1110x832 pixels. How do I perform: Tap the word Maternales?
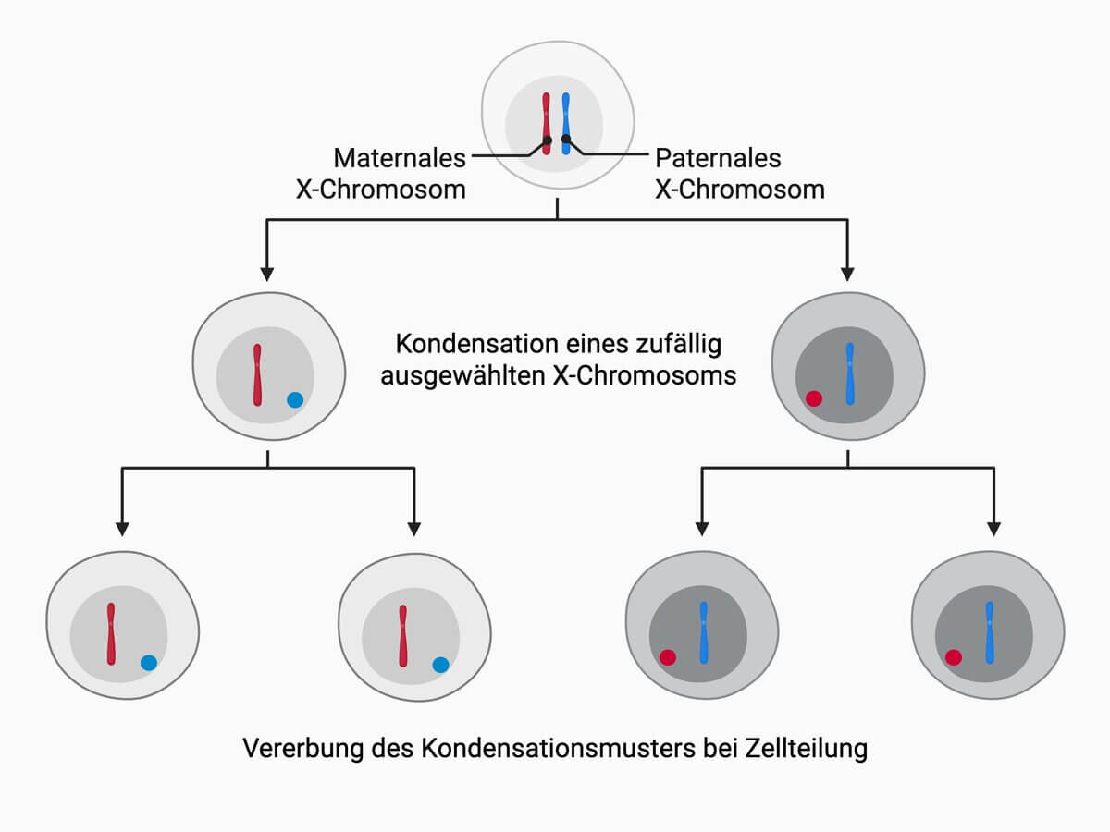point(400,158)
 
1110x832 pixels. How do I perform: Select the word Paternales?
point(718,158)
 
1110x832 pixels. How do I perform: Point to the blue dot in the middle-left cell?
point(295,399)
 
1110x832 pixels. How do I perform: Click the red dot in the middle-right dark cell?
point(814,398)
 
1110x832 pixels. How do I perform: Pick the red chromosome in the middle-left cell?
point(258,375)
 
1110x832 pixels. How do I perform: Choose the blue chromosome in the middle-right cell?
point(849,374)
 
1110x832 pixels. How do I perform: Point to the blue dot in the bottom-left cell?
point(149,662)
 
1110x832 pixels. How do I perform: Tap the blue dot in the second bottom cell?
point(440,664)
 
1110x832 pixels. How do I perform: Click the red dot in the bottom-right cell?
point(954,657)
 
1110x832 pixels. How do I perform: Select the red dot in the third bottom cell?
point(668,657)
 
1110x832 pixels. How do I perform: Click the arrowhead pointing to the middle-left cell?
point(266,274)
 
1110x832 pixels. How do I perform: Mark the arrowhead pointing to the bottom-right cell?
point(993,530)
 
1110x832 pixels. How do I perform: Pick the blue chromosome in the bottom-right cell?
point(990,632)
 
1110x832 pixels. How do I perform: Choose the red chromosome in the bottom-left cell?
point(111,633)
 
